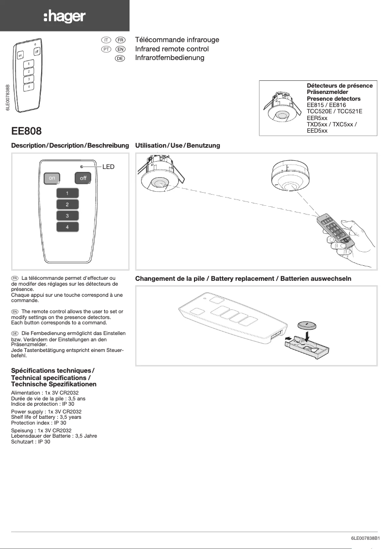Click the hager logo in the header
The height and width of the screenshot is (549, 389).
coord(65,17)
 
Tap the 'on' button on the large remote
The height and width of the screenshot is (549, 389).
coord(51,178)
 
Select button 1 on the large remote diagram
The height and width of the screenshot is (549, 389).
coord(67,193)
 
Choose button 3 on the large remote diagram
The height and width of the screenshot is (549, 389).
coord(67,215)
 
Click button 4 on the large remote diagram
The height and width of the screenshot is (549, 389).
coord(67,227)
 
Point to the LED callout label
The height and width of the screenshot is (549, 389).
coord(108,167)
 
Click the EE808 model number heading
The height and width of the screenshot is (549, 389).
coord(26,131)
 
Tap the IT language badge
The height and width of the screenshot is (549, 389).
coord(106,39)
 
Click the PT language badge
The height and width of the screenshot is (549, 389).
coord(106,49)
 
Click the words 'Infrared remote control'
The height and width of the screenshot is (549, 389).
coord(172,49)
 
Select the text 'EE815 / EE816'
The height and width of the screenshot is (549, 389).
coord(326,105)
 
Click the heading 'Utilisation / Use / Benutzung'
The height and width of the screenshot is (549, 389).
coord(178,145)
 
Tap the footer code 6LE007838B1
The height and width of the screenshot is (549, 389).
coord(364,538)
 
